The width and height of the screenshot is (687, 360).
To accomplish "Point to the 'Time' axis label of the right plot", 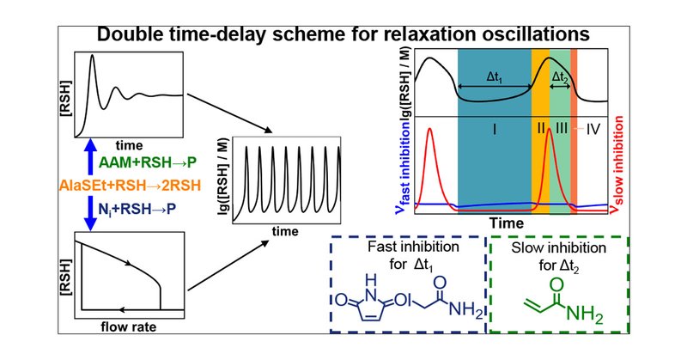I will [507, 222].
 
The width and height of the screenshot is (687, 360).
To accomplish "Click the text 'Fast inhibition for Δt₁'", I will [407, 255].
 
